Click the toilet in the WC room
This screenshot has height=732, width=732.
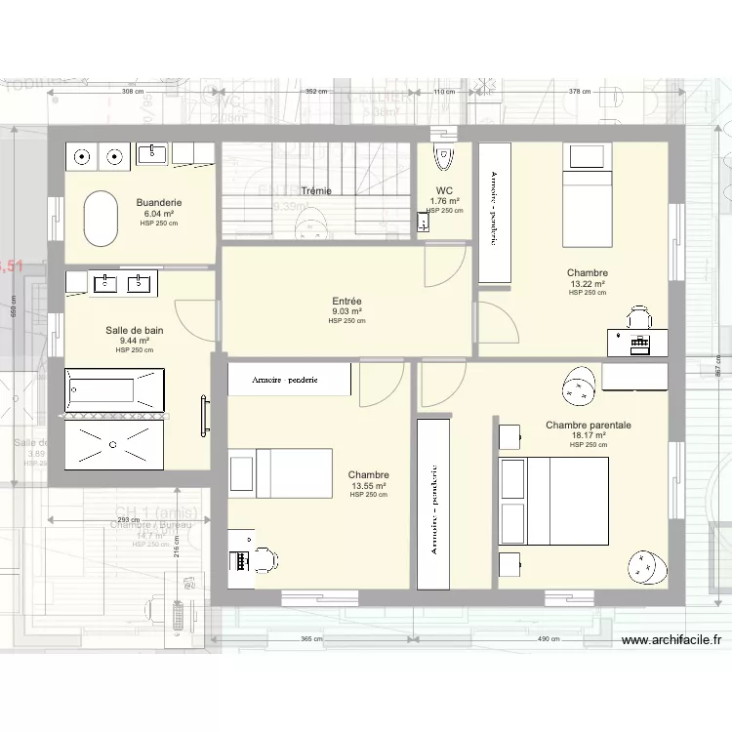pyautogui.click(x=444, y=156)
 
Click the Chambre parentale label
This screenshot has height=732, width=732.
pyautogui.click(x=589, y=426)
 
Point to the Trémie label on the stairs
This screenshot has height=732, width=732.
pyautogui.click(x=315, y=191)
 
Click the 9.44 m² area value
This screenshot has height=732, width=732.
pyautogui.click(x=135, y=341)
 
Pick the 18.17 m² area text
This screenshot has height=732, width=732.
pyautogui.click(x=589, y=435)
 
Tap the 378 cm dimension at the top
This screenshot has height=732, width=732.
pyautogui.click(x=580, y=92)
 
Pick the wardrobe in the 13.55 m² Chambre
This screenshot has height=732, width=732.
pyautogui.click(x=288, y=380)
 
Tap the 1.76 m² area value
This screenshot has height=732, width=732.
pyautogui.click(x=444, y=202)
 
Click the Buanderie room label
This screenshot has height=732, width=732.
pyautogui.click(x=159, y=203)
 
